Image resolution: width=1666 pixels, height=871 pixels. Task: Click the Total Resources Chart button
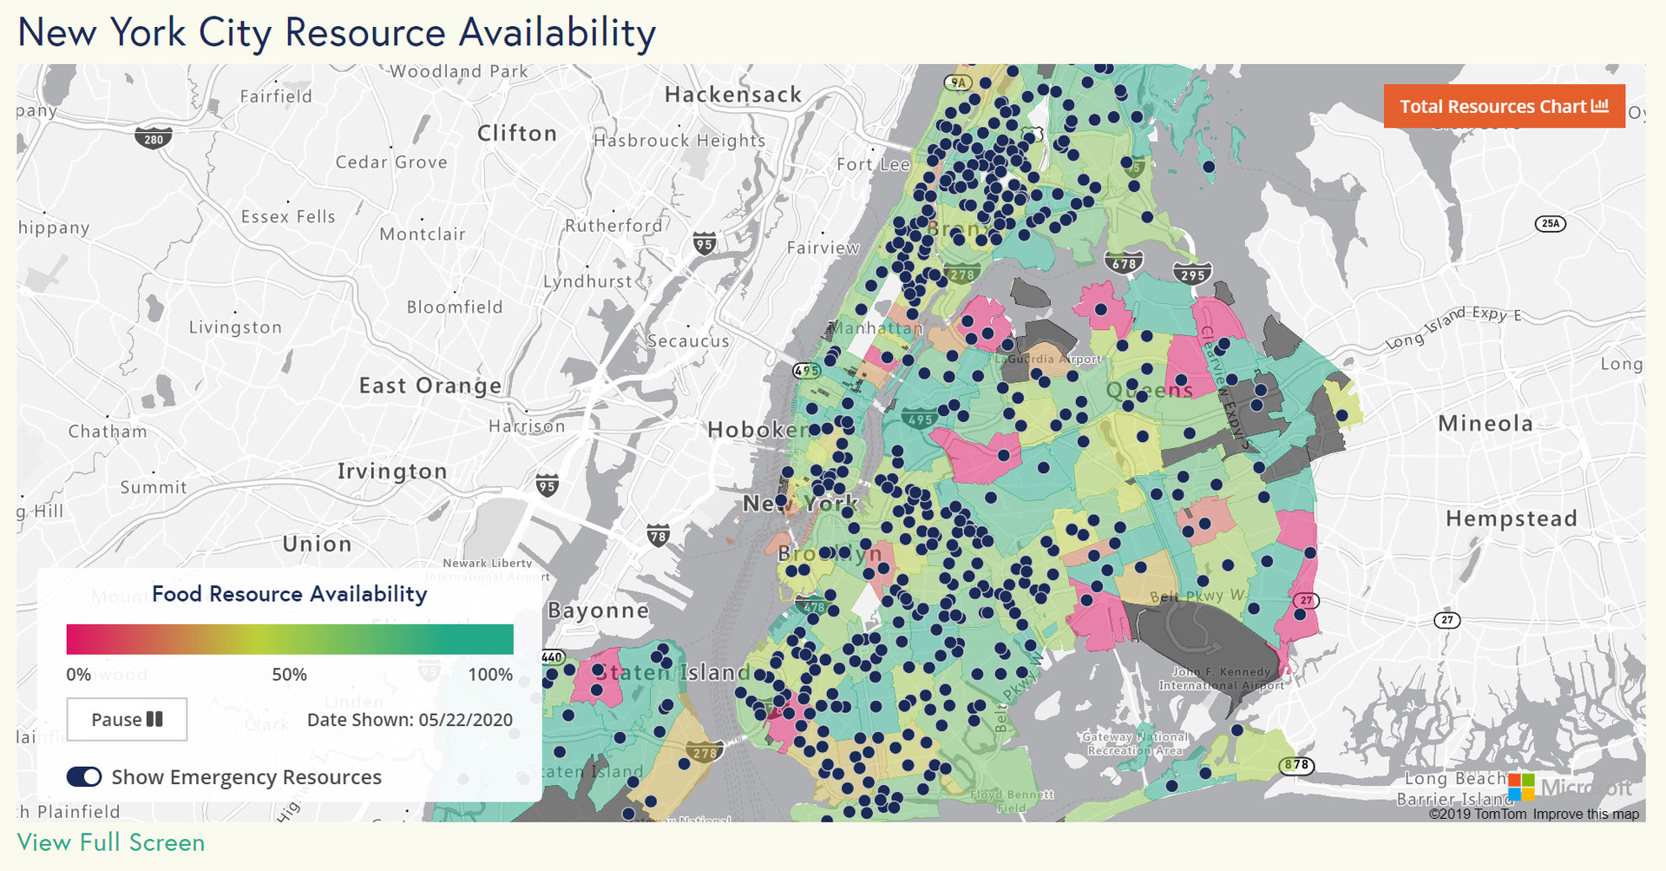pos(1503,107)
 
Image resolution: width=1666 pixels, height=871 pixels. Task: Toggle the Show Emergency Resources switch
pos(84,777)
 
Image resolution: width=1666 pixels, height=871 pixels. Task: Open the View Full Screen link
pos(111,843)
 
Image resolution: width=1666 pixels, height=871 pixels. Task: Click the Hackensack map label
pos(733,95)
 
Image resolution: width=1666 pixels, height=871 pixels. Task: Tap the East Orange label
pos(430,386)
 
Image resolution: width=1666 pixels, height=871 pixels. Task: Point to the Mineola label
pos(1486,424)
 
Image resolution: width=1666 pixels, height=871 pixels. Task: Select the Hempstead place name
pos(1511,519)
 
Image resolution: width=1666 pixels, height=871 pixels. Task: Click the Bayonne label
pos(598,610)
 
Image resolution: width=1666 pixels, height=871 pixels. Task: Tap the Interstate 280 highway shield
pos(154,139)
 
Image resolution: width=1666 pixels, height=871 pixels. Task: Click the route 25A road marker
pos(1551,223)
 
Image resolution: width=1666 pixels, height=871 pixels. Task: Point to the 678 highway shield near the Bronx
pos(1124,263)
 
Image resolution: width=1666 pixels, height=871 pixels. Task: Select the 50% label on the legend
pos(289,675)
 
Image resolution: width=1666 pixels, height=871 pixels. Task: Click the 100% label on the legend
pos(490,675)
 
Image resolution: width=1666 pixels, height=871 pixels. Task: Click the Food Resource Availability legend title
pos(289,594)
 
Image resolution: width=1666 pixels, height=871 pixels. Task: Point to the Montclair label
pos(423,234)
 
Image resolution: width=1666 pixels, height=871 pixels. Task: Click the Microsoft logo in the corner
pos(1521,788)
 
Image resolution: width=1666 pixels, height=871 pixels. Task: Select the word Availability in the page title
pos(557,33)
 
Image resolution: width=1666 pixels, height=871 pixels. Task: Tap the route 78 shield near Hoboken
pos(659,536)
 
